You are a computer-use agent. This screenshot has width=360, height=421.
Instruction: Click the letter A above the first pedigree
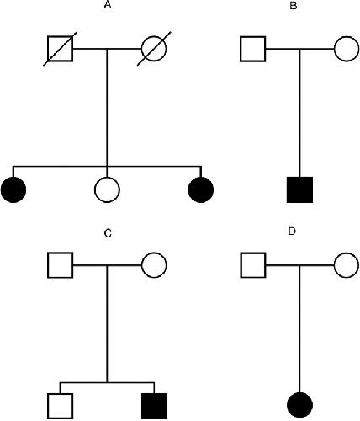click(x=108, y=5)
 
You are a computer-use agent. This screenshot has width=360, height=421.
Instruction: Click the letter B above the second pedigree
click(x=294, y=6)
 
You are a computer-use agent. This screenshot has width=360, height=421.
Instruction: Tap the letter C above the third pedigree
click(x=108, y=233)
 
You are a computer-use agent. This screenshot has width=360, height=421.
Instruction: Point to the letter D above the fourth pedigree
click(x=292, y=232)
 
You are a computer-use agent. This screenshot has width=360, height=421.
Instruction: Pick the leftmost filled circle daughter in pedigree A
click(x=13, y=189)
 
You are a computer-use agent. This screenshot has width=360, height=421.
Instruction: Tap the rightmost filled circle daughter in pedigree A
click(x=201, y=189)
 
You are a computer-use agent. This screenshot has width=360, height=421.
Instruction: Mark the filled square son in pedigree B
click(x=299, y=189)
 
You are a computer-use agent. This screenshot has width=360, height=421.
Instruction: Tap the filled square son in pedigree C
click(x=154, y=406)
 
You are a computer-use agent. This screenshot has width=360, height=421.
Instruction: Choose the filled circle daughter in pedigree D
click(x=300, y=405)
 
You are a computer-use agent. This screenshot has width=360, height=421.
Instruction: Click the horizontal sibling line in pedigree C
click(x=107, y=382)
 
